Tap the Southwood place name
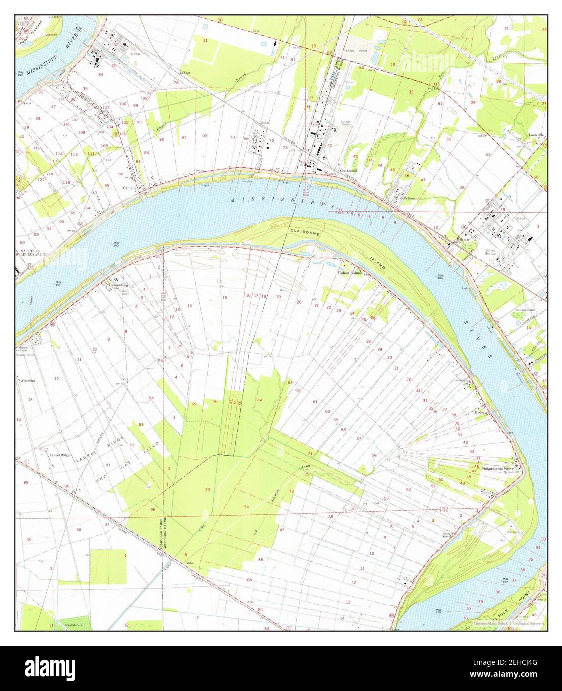pyautogui.click(x=348, y=170)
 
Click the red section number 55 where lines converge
pyautogui.click(x=405, y=451)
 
